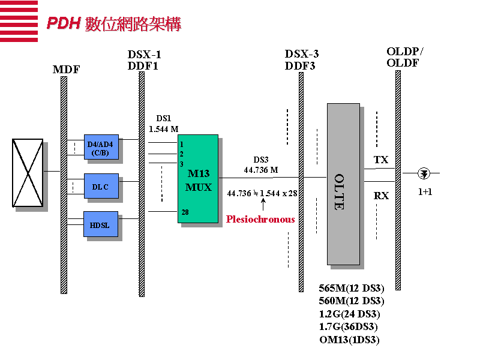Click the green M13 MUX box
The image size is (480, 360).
tap(198, 179)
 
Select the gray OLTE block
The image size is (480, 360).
tap(343, 184)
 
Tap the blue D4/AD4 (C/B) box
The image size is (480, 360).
tap(101, 147)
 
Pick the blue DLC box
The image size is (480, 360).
tap(101, 186)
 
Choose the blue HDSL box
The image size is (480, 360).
tap(100, 224)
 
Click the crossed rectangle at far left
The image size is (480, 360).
tap(28, 173)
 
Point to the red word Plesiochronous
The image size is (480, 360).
tap(260, 220)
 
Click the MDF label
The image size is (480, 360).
tap(66, 70)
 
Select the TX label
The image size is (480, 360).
tap(381, 160)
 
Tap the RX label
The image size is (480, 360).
tap(381, 196)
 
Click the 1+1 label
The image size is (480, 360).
tap(425, 193)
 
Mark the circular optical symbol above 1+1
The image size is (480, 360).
tap(425, 173)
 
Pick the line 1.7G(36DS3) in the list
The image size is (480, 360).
tap(349, 326)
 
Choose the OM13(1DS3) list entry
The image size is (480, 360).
tap(350, 340)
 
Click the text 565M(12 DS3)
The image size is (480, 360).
tap(352, 288)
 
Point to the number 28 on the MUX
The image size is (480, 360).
tap(185, 212)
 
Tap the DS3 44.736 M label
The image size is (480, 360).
tap(261, 165)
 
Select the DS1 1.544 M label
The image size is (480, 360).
tap(163, 124)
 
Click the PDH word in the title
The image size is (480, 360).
tap(64, 23)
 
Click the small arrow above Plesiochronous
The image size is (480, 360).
tap(263, 203)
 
